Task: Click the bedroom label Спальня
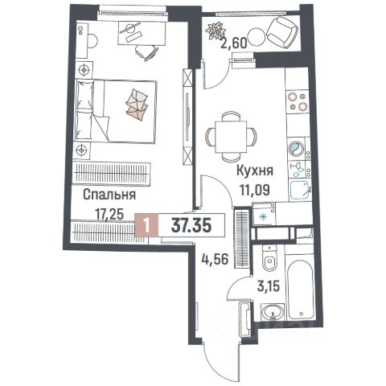(109, 195)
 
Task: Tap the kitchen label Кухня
(255, 170)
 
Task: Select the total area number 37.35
(191, 225)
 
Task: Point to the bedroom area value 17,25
(109, 215)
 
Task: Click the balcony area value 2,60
(233, 43)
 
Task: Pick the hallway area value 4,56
(215, 259)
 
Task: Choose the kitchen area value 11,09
(255, 190)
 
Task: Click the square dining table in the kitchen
(231, 137)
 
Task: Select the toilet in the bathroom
(269, 258)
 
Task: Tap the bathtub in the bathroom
(300, 289)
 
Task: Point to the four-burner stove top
(297, 101)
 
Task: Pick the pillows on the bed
(138, 105)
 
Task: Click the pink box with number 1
(146, 225)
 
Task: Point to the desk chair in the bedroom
(146, 52)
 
